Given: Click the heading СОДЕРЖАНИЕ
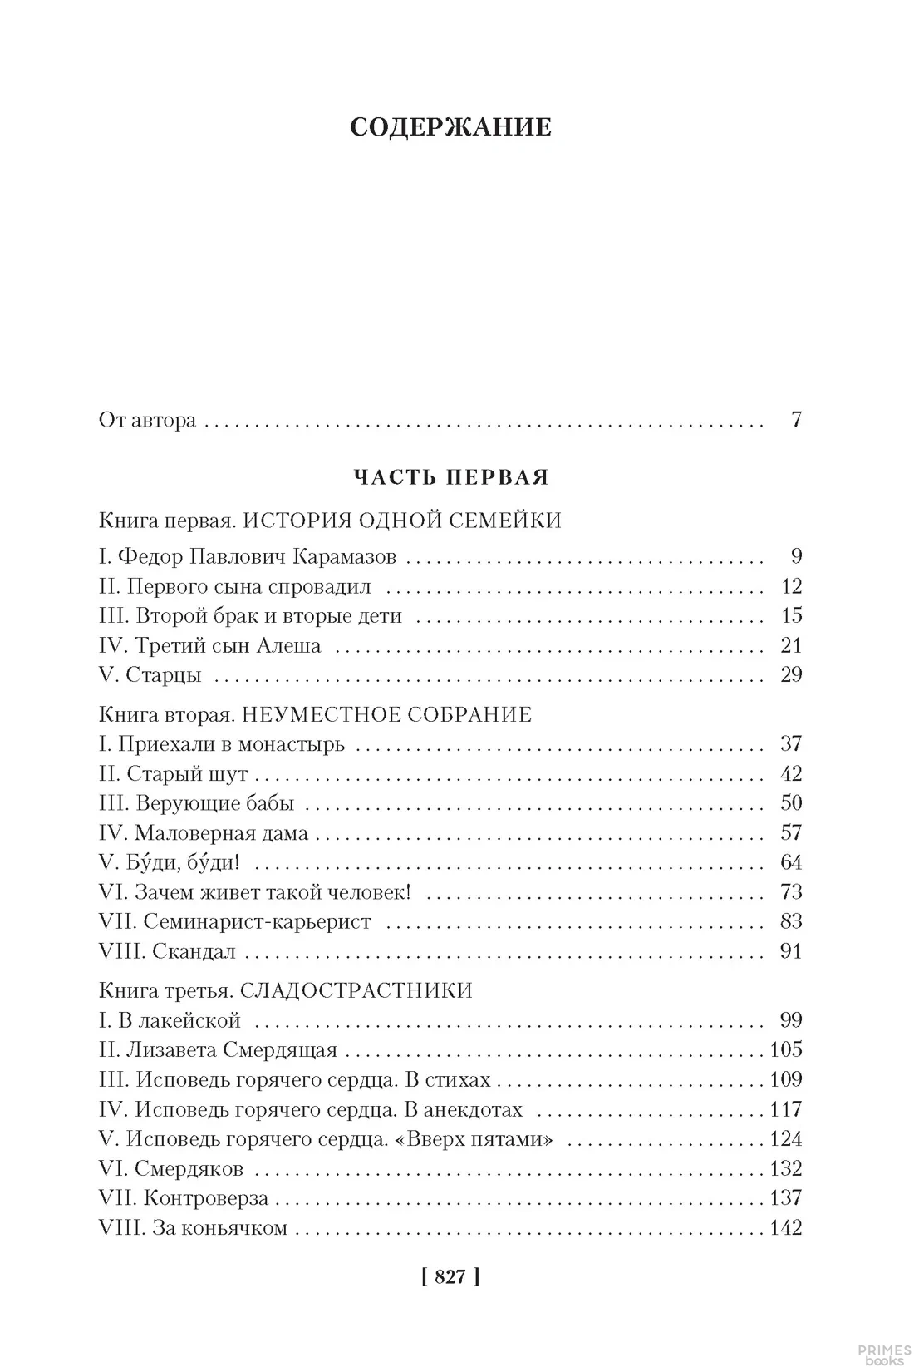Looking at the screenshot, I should pyautogui.click(x=451, y=127).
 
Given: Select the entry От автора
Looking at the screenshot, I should pyautogui.click(x=147, y=420).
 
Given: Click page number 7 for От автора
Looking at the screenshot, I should pyautogui.click(x=795, y=420).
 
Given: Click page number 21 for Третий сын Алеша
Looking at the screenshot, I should pyautogui.click(x=791, y=645).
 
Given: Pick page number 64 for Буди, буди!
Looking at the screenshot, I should pyautogui.click(x=791, y=862).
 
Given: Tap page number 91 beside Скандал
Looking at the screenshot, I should pyautogui.click(x=791, y=950).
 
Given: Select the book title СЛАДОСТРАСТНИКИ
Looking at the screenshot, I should pyautogui.click(x=356, y=991).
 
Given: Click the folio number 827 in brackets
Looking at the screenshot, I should pyautogui.click(x=451, y=1277).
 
